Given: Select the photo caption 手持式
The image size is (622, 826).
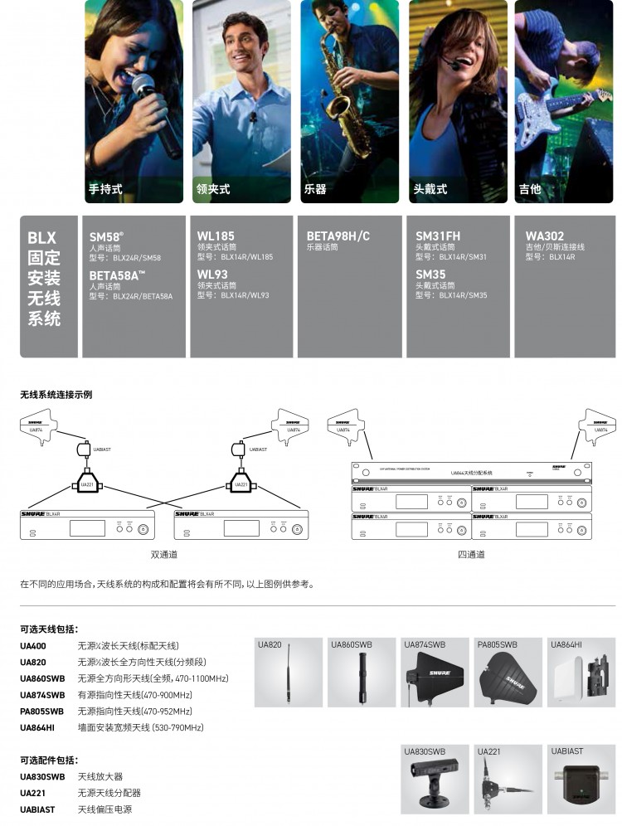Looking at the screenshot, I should coord(105,189).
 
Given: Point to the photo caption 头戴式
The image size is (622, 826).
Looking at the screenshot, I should coord(430,189).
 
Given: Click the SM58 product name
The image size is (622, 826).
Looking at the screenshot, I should coord(106,236).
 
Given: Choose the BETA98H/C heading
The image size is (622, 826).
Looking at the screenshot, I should coord(338,236).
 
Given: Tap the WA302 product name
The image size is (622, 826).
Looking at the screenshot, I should coord(545,236).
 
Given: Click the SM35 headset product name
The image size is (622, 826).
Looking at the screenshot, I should coord(430,274).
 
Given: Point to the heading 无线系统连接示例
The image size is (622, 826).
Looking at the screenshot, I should coord(56,395).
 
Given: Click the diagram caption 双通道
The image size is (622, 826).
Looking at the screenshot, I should coord(163,554).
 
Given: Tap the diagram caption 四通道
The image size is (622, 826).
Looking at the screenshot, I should coord(471,554).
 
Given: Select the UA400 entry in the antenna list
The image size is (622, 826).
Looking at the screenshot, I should coord(33,646).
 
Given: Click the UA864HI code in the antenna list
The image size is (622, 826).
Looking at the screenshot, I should coord(39,727).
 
